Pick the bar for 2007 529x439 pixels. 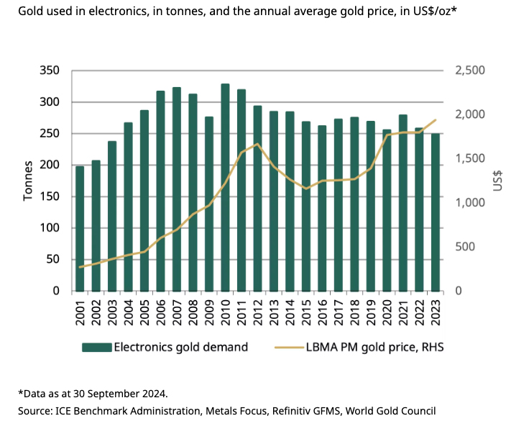click(177, 189)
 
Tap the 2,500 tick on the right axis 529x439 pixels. click(471, 71)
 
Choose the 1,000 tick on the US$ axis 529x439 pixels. click(471, 203)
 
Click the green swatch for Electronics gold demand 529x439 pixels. click(97, 347)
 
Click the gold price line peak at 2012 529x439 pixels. click(257, 144)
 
